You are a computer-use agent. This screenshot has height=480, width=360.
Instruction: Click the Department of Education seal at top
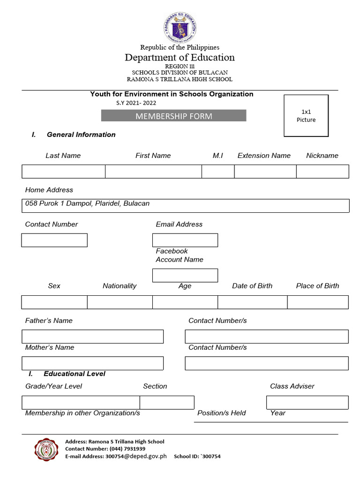(180, 27)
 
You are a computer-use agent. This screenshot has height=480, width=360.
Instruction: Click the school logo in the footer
(46, 450)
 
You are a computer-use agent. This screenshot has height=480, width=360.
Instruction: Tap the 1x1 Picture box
(306, 116)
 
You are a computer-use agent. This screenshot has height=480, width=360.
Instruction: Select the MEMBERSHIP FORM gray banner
(173, 116)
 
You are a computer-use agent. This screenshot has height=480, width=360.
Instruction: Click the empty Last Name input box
(63, 172)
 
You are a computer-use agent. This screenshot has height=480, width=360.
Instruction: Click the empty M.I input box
(218, 172)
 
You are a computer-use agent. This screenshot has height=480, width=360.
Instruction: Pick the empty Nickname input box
(322, 172)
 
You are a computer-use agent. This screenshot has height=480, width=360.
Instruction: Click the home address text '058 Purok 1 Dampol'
(87, 203)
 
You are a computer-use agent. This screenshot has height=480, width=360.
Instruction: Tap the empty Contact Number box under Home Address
(54, 240)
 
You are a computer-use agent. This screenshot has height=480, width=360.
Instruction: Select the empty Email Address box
(185, 240)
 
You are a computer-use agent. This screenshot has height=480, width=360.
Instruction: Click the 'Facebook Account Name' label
(180, 255)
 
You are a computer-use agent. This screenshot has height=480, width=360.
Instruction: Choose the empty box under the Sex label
(54, 302)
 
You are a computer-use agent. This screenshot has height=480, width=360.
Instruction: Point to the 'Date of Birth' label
(252, 286)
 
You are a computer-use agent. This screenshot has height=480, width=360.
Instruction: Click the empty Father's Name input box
(92, 337)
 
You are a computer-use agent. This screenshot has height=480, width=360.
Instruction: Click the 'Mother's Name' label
(50, 347)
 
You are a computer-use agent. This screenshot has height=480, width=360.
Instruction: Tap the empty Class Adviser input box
(307, 402)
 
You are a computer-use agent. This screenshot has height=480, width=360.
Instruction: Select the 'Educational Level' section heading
(74, 374)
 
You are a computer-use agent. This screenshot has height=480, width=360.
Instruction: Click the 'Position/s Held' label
(222, 413)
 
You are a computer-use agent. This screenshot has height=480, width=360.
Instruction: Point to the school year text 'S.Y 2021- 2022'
(136, 103)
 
